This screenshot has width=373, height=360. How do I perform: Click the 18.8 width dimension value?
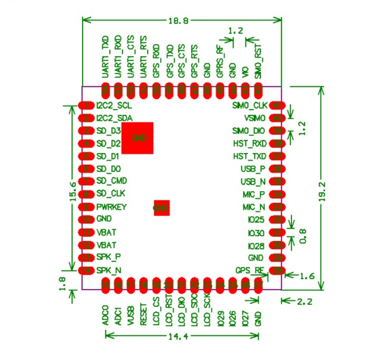[178, 20]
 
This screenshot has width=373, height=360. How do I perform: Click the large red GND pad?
[138, 138]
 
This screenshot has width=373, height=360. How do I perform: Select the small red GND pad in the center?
[162, 208]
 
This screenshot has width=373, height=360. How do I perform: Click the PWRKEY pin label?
[111, 207]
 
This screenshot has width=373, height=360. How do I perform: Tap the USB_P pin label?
[253, 169]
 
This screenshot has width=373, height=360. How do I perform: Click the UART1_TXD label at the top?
[106, 59]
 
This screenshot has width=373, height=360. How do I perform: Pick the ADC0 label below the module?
[106, 315]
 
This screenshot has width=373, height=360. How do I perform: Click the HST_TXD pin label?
[249, 156]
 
